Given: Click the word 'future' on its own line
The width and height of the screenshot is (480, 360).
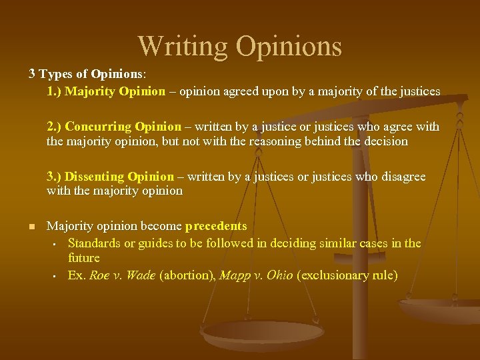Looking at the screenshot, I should tap(84, 258).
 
